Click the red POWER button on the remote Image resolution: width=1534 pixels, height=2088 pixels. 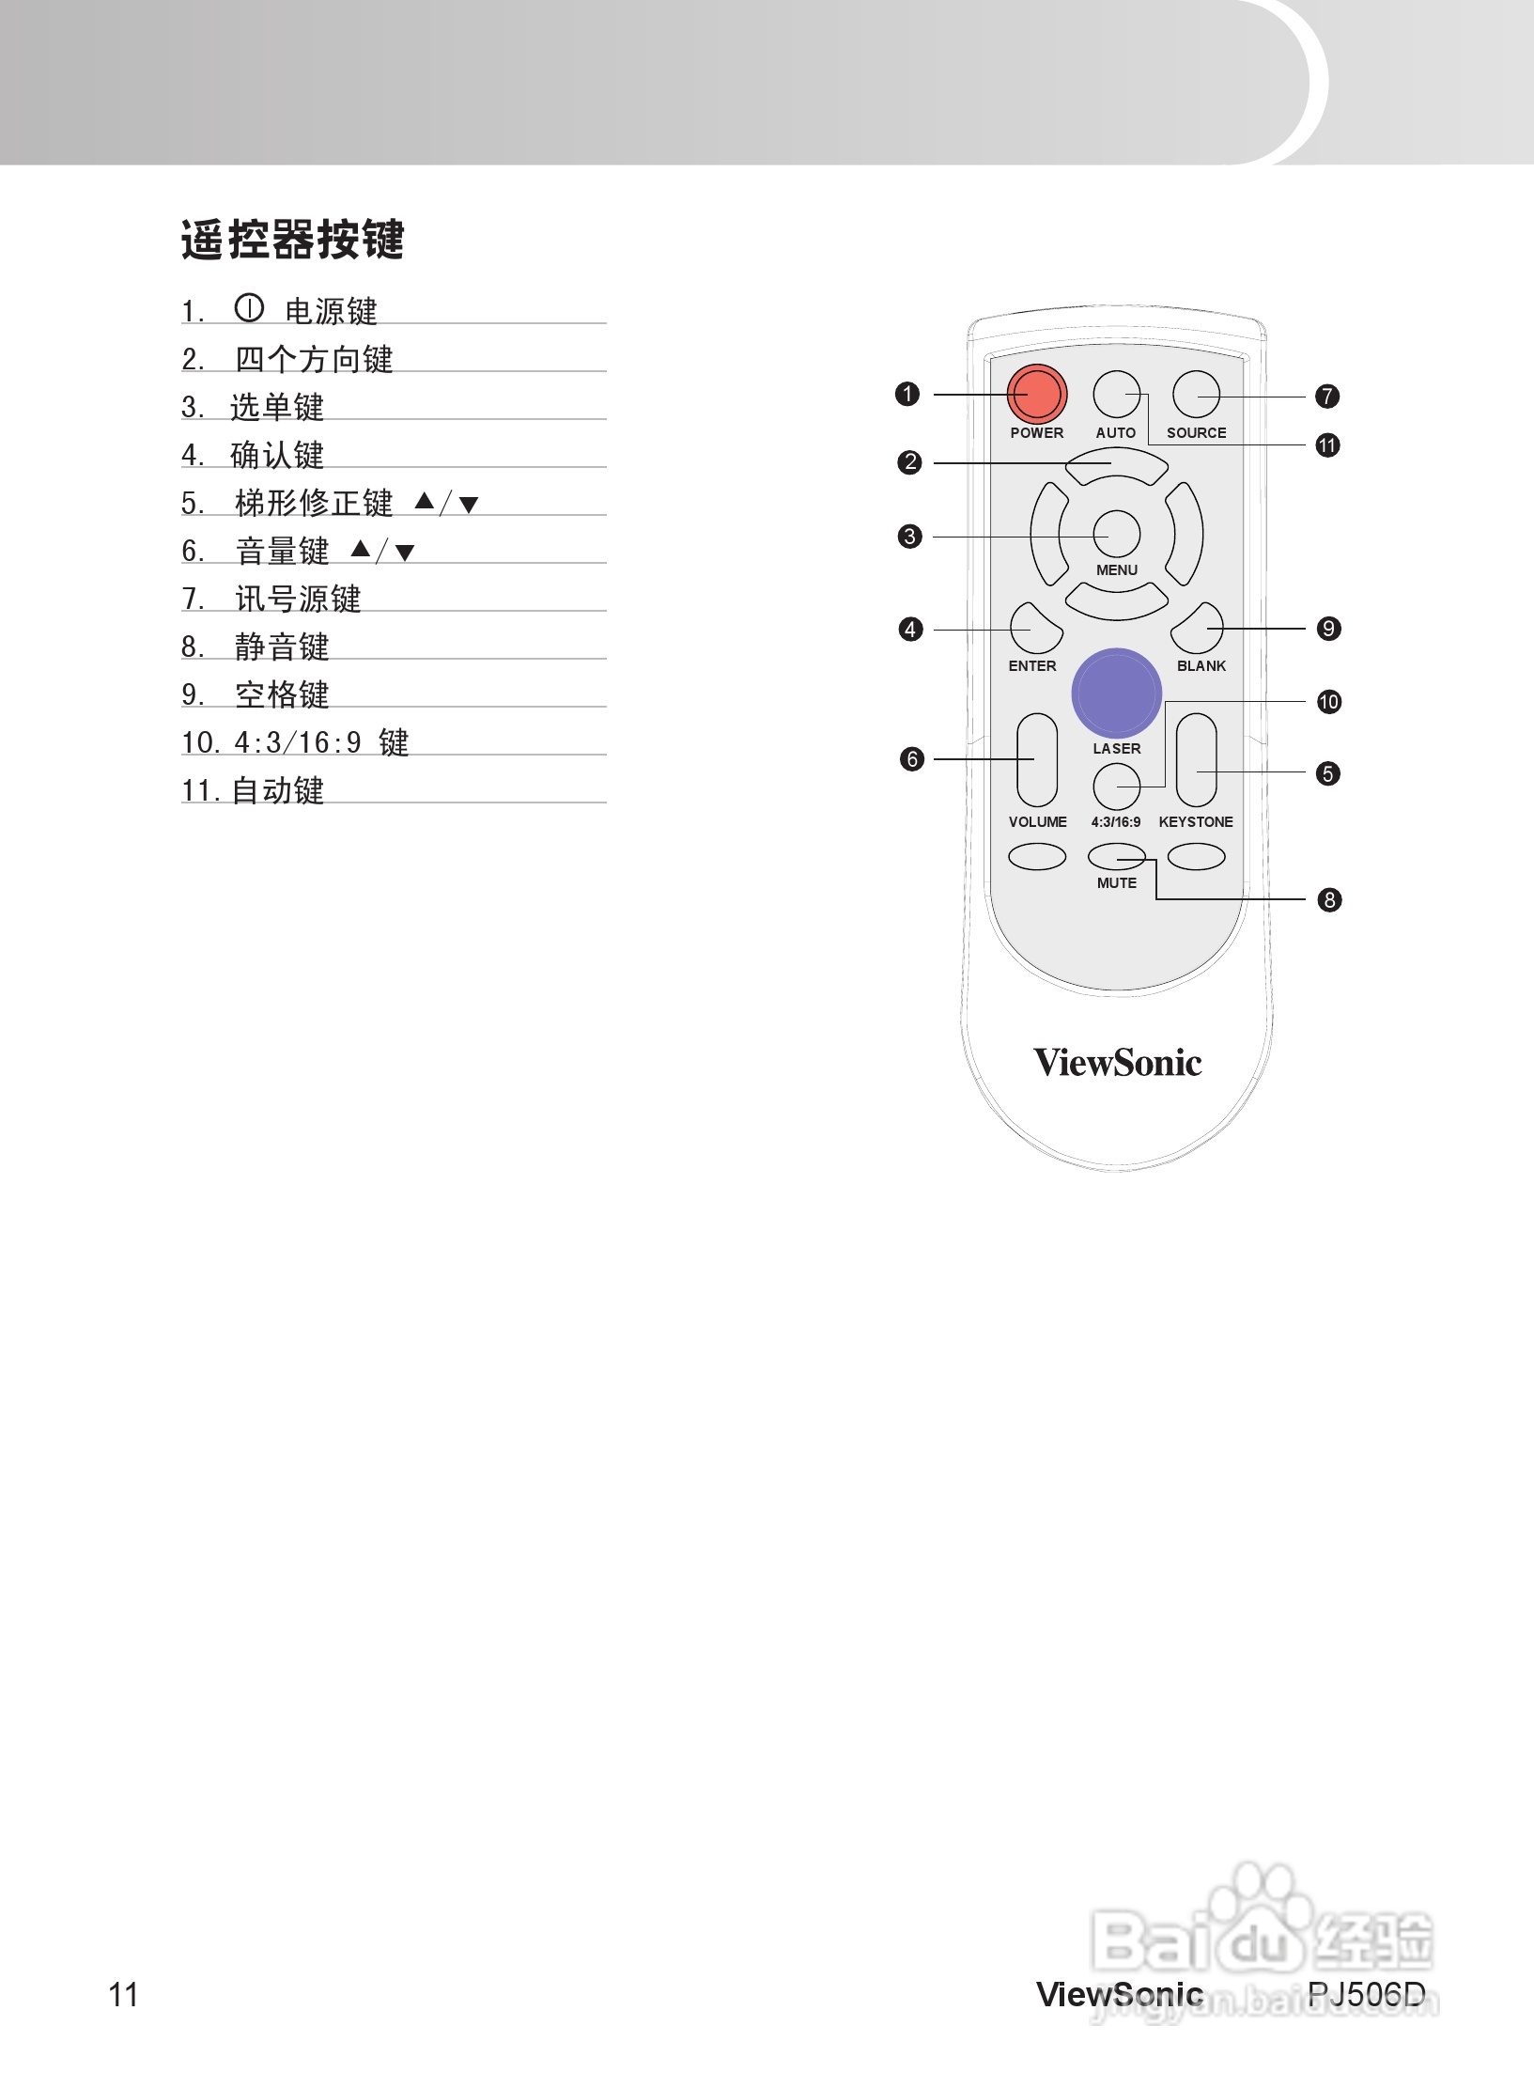pyautogui.click(x=1036, y=395)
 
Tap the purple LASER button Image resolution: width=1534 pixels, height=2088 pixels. pyautogui.click(x=1116, y=693)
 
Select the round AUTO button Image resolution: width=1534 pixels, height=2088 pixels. pyautogui.click(x=1116, y=395)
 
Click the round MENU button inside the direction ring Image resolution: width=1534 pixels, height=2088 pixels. pyautogui.click(x=1116, y=534)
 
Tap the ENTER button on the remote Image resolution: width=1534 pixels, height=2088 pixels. pyautogui.click(x=1035, y=629)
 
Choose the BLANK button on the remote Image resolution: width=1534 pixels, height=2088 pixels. pyautogui.click(x=1198, y=629)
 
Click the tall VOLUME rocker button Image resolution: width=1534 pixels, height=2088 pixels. pyautogui.click(x=1037, y=759)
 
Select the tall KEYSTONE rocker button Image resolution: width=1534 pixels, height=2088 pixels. pyautogui.click(x=1196, y=759)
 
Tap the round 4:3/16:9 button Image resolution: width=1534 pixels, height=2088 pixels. pyautogui.click(x=1116, y=787)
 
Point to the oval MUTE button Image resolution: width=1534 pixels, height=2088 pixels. pyautogui.click(x=1116, y=856)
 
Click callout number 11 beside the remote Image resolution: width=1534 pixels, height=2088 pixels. pyautogui.click(x=1327, y=445)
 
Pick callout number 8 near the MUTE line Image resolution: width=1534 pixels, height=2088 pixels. pyautogui.click(x=1329, y=900)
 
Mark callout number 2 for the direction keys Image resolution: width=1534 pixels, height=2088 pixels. pyautogui.click(x=909, y=462)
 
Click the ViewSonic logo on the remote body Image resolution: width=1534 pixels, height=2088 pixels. pyautogui.click(x=1117, y=1063)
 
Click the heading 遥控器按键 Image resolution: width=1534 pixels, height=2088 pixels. pyautogui.click(x=292, y=240)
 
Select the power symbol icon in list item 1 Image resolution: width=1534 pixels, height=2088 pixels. pyautogui.click(x=249, y=308)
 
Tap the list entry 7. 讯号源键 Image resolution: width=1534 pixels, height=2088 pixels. pyautogui.click(x=271, y=598)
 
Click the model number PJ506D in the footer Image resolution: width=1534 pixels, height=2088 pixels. pyautogui.click(x=1366, y=1993)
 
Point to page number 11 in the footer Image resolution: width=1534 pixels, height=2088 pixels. pyautogui.click(x=124, y=1994)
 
